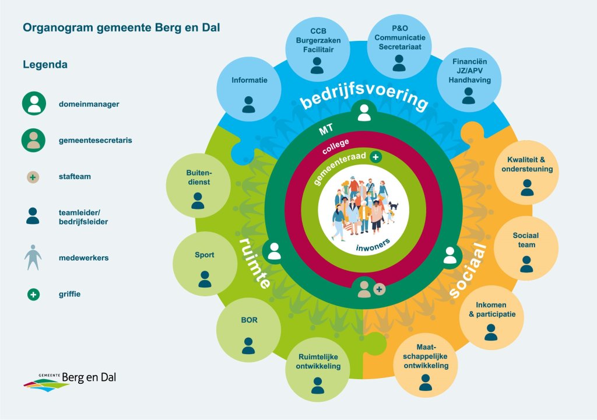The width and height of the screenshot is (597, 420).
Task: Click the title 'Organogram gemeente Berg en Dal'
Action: tap(121, 27)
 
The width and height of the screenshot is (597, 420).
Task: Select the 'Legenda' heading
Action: tap(45, 65)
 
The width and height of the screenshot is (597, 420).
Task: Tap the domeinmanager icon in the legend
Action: tap(34, 104)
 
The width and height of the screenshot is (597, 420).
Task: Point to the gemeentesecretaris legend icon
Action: tap(34, 140)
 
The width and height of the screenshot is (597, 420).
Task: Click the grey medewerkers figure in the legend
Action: tap(33, 257)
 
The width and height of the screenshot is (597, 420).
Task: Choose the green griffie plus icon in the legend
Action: tap(33, 295)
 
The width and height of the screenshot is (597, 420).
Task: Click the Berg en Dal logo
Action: tap(70, 380)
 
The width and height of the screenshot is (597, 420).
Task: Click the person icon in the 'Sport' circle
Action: tap(205, 279)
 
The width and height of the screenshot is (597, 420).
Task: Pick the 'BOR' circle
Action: tap(249, 330)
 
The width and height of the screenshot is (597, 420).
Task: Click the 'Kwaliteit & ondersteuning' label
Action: tap(526, 164)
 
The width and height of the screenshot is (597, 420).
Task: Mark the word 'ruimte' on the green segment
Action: tap(255, 262)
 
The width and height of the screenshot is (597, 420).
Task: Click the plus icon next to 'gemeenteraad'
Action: tap(376, 156)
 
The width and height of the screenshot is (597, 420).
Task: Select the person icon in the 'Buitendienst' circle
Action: tap(198, 201)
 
